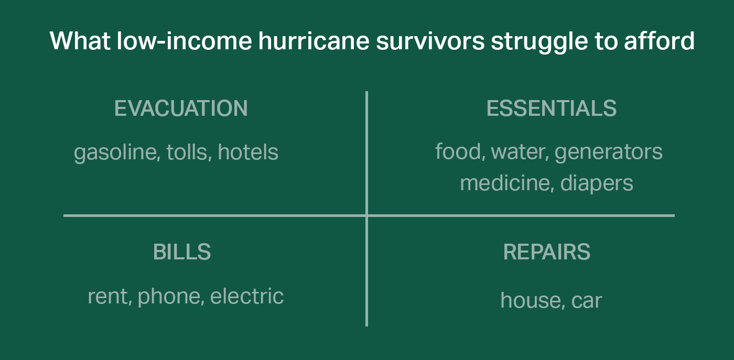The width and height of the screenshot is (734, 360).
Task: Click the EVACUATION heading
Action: click(x=181, y=108)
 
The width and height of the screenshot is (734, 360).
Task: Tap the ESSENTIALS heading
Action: click(x=552, y=108)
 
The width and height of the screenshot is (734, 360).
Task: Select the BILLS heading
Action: click(x=182, y=252)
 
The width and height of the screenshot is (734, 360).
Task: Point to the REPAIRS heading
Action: click(x=546, y=252)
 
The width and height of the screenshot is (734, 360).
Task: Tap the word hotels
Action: click(x=248, y=152)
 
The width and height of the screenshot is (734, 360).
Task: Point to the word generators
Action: click(x=609, y=153)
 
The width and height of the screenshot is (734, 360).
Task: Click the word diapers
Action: click(x=597, y=184)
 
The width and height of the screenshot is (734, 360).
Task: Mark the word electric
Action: click(x=247, y=296)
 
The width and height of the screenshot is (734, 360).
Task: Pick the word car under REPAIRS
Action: click(x=587, y=301)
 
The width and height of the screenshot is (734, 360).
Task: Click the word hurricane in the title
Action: click(x=314, y=41)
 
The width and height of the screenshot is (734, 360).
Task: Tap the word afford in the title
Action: click(x=660, y=41)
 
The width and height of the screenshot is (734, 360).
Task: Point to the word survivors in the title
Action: click(x=430, y=41)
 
